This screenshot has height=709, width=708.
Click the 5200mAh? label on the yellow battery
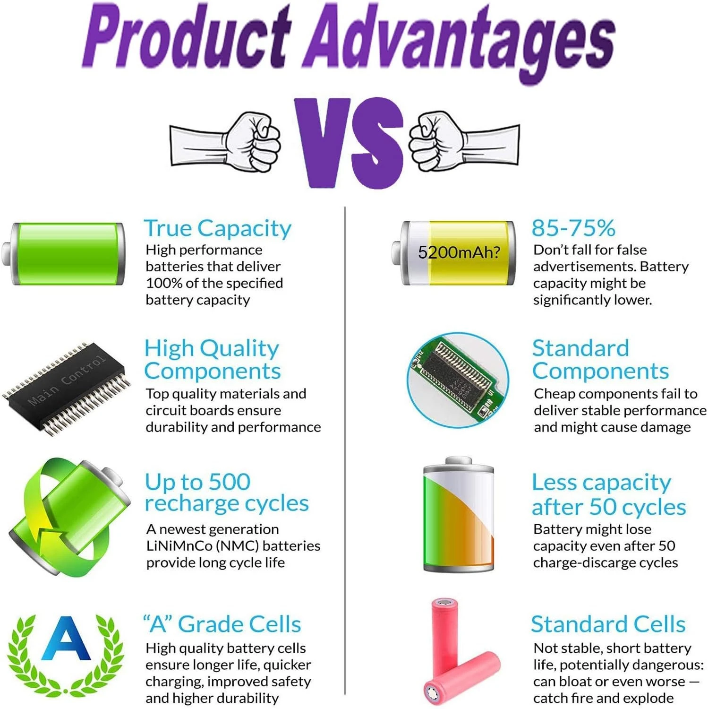[459, 252]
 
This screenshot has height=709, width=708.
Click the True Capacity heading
[218, 228]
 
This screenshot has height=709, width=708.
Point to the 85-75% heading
[573, 228]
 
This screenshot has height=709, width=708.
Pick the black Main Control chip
[67, 388]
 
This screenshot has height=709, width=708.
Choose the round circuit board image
[458, 380]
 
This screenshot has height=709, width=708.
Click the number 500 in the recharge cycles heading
[230, 482]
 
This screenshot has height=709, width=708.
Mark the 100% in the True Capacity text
[164, 283]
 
